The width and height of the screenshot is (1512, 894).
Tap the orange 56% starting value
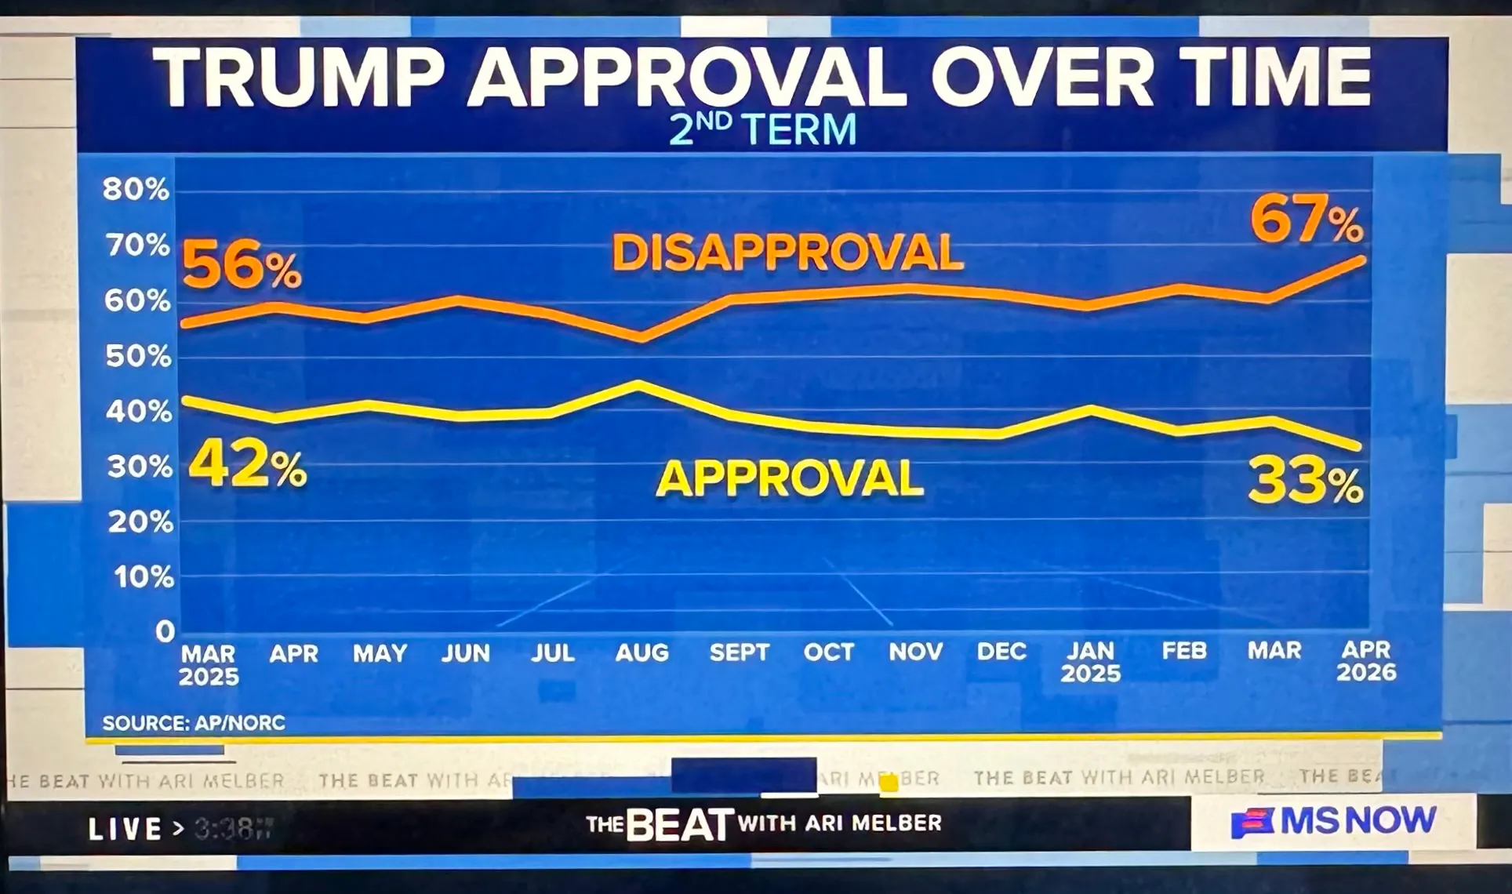(242, 266)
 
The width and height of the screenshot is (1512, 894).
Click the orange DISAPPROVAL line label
(787, 253)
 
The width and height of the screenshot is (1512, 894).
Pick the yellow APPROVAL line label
(790, 478)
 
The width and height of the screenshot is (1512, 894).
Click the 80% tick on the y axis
(136, 189)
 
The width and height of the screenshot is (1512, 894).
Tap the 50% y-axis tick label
(138, 357)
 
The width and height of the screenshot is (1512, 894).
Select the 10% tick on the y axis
(144, 577)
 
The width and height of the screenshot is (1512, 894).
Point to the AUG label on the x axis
(642, 652)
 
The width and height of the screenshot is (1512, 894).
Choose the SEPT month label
(739, 652)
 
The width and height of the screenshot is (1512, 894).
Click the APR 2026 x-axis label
(1366, 661)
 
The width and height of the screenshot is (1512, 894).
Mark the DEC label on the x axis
(1001, 652)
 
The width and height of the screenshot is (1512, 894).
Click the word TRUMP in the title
(299, 78)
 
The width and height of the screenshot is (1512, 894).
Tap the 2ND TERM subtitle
(762, 130)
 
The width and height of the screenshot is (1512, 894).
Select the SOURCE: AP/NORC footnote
(194, 723)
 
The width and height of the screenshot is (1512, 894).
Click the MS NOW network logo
(1334, 822)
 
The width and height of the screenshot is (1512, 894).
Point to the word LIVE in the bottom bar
(125, 829)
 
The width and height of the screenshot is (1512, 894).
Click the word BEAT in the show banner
(680, 824)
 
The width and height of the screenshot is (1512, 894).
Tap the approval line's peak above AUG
(639, 384)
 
